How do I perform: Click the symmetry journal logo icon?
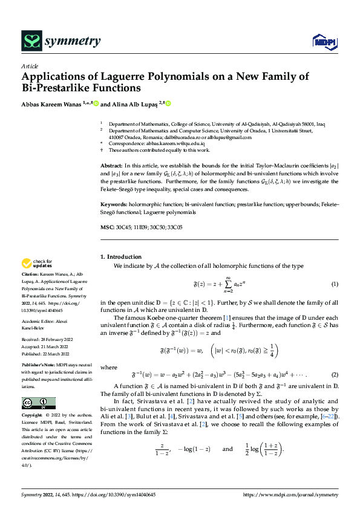pos(31,41)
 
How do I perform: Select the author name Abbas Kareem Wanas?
pos(51,103)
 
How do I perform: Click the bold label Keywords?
pos(114,205)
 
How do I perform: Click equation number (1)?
pos(334,284)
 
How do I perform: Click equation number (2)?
pos(334,375)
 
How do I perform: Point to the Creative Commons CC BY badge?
pos(38,403)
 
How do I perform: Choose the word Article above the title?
pos(30,65)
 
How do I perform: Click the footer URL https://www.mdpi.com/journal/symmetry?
pos(290,494)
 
